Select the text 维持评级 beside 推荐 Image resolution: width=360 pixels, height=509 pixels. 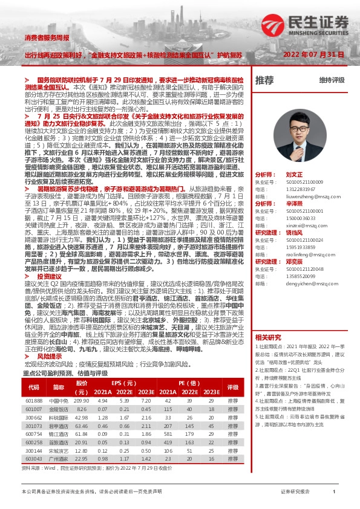(x=332, y=80)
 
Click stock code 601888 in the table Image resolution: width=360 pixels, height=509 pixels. (x=33, y=401)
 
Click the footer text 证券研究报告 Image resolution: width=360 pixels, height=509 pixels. (x=295, y=492)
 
